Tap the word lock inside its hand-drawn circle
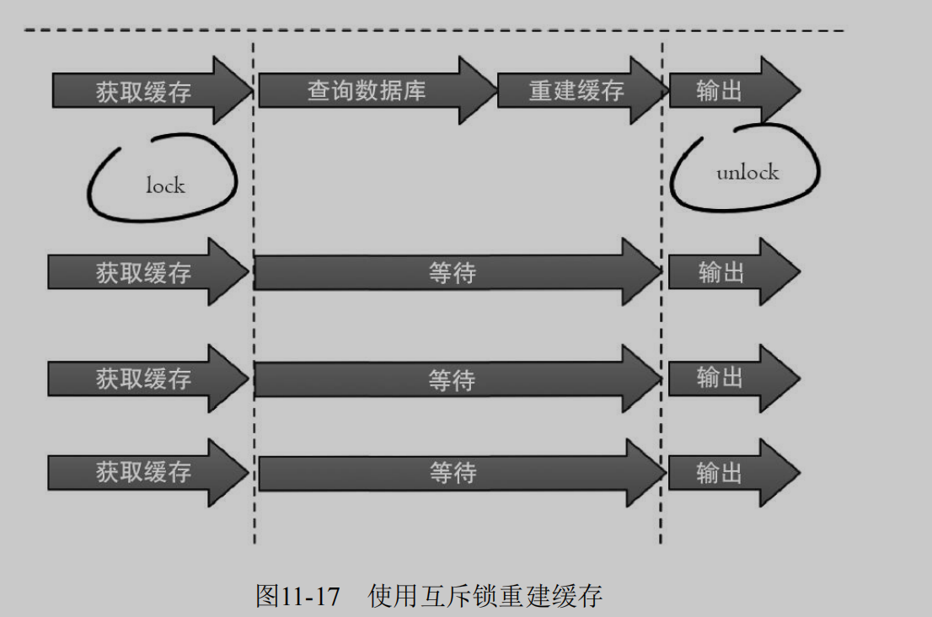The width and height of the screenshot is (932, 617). coord(165,185)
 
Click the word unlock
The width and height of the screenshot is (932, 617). coord(747,173)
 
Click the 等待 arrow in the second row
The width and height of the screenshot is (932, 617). coord(453,272)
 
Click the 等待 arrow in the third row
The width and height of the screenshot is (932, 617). coord(453,379)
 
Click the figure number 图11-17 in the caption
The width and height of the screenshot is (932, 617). coord(297,597)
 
